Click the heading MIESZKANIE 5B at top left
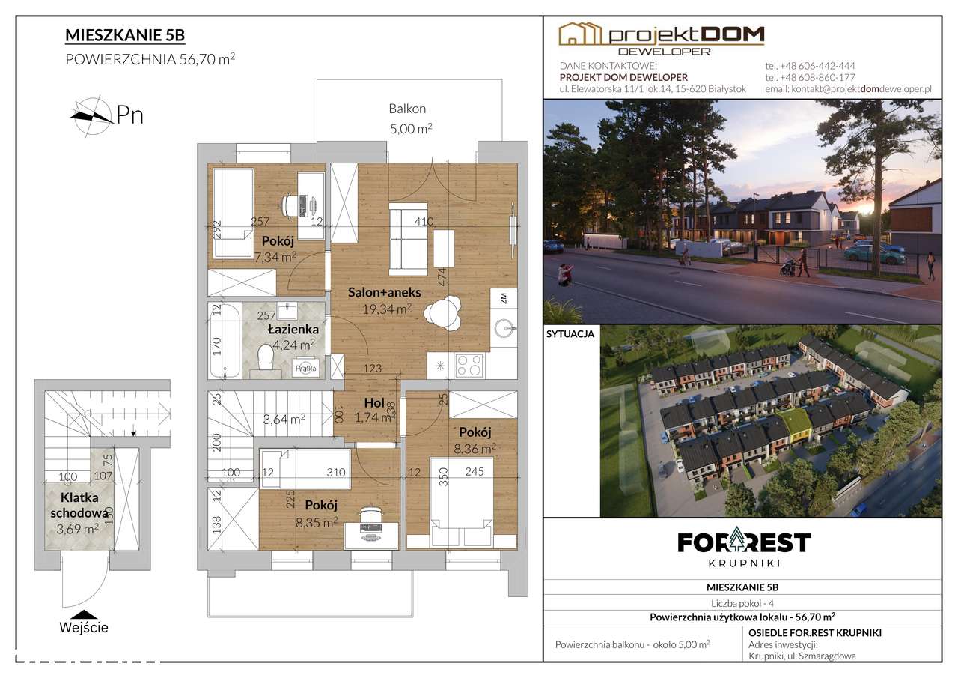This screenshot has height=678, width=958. click(x=125, y=35)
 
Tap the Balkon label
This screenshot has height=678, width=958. click(x=407, y=109)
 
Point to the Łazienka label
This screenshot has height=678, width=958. click(x=293, y=329)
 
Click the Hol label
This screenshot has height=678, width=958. click(x=374, y=402)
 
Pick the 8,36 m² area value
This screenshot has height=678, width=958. click(x=475, y=449)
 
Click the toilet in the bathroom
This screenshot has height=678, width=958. click(x=266, y=358)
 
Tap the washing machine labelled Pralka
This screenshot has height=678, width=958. click(x=305, y=368)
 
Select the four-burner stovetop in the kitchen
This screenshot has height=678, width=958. click(x=469, y=365)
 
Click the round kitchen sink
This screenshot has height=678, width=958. click(x=504, y=328)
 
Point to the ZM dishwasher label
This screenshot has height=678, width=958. click(x=504, y=298)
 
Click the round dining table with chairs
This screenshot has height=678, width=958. click(x=442, y=313)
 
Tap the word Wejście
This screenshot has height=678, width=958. click(x=84, y=628)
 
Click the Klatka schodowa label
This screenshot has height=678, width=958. click(x=79, y=506)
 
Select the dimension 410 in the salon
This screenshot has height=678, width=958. click(x=424, y=221)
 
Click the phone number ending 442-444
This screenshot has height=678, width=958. click(x=810, y=66)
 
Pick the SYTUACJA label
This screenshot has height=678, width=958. click(x=570, y=334)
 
